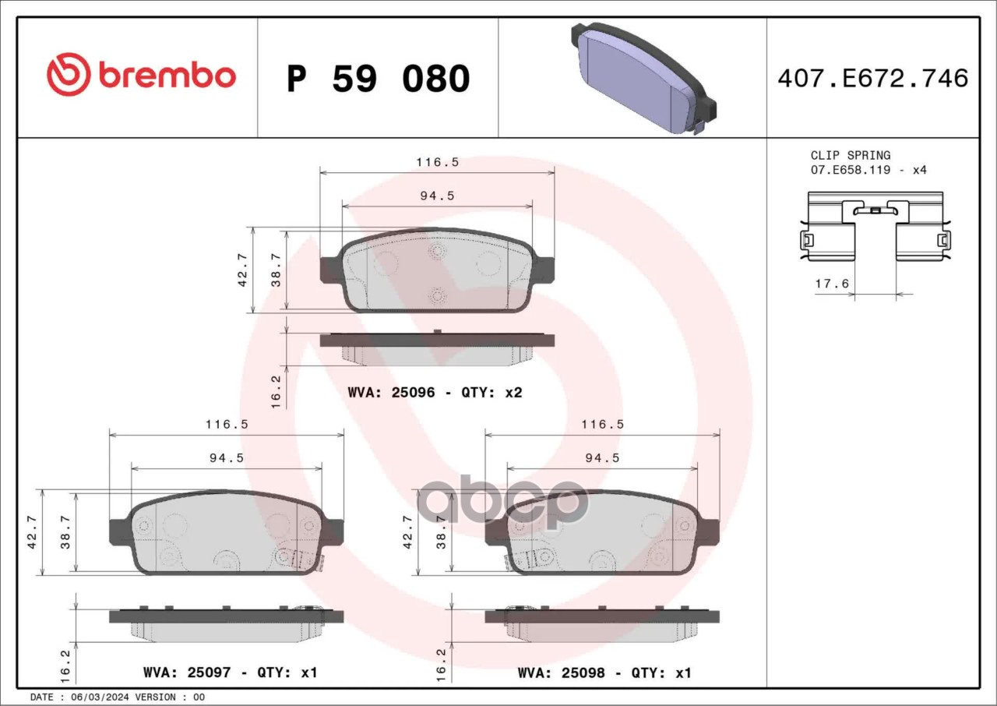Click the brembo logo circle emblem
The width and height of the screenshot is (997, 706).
[x=69, y=74]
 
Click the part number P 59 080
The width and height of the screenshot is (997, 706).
[x=379, y=79]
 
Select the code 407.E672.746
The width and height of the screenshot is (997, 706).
[x=873, y=79]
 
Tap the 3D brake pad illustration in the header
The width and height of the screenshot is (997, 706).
[x=643, y=78]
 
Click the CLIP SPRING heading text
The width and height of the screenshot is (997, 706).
[x=850, y=155]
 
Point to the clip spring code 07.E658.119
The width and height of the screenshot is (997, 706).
[x=851, y=170]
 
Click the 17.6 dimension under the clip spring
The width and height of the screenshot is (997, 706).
[x=832, y=284]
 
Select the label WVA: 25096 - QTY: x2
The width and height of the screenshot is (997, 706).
[x=435, y=393]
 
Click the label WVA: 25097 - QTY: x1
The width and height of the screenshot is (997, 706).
[x=231, y=672]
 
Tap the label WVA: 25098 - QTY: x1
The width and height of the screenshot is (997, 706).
[x=604, y=672]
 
